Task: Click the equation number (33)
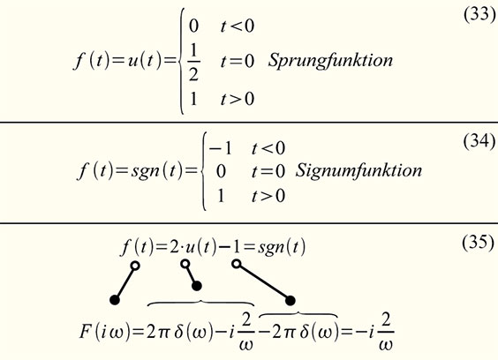pyautogui.click(x=479, y=14)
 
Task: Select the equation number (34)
pyautogui.click(x=479, y=140)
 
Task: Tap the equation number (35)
pyautogui.click(x=479, y=243)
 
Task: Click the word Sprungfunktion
pyautogui.click(x=330, y=60)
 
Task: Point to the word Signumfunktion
pyautogui.click(x=358, y=170)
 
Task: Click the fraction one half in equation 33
pyautogui.click(x=193, y=62)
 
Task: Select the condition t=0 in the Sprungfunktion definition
pyautogui.click(x=238, y=61)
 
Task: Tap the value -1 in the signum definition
pyautogui.click(x=221, y=148)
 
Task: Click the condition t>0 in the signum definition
pyautogui.click(x=268, y=196)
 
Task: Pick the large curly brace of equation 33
pyautogui.click(x=180, y=61)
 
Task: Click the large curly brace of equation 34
pyautogui.click(x=202, y=171)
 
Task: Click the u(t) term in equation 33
pyautogui.click(x=145, y=60)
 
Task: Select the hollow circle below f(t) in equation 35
pyautogui.click(x=135, y=266)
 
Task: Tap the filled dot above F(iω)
pyautogui.click(x=115, y=300)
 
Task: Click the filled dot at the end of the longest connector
pyautogui.click(x=290, y=300)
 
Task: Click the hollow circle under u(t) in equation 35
pyautogui.click(x=185, y=264)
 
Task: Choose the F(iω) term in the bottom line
pyautogui.click(x=104, y=332)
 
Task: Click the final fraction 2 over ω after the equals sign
pyautogui.click(x=386, y=332)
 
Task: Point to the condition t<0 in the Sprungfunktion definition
pyautogui.click(x=238, y=26)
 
